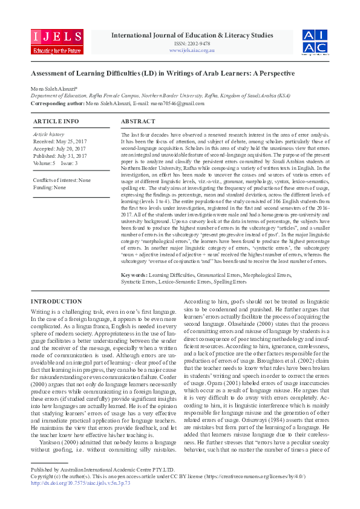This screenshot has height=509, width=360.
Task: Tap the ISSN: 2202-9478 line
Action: pos(192,43)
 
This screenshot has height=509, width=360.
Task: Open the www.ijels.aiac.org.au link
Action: pos(192,50)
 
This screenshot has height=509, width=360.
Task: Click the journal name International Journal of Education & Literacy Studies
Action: pos(192,35)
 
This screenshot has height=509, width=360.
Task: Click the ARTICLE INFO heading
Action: pos(55,122)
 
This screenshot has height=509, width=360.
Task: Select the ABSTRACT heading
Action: pos(138,122)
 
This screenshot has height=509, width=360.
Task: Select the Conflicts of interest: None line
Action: pos(62,180)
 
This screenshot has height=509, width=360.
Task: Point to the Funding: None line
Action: pos(50,187)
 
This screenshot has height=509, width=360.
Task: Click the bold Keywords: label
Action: pos(134,274)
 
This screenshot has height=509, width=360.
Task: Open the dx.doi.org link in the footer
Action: pos(80,482)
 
